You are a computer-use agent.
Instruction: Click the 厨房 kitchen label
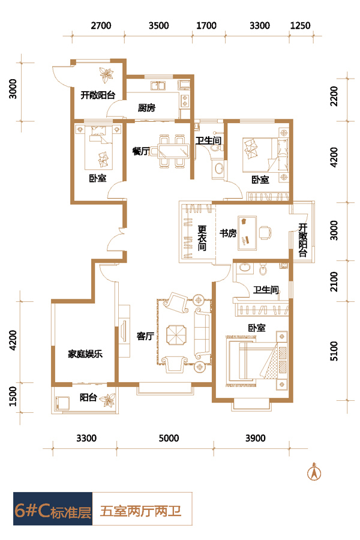point(146,108)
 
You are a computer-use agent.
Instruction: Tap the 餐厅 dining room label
point(141,151)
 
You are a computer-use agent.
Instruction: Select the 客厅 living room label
point(145,336)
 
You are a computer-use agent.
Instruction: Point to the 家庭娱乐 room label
point(85,354)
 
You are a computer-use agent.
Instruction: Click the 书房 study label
point(228,233)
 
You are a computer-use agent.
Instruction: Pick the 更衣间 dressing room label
point(202,238)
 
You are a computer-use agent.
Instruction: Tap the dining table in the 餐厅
point(173,151)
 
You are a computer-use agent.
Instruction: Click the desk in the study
point(247,233)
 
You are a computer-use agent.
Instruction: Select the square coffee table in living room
point(176,335)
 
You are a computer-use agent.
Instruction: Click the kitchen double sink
point(158,86)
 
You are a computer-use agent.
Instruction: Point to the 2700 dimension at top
point(101,26)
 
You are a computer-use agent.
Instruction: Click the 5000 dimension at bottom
point(169,439)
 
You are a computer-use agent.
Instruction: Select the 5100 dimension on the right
point(334,351)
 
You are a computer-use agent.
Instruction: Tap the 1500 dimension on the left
point(13,396)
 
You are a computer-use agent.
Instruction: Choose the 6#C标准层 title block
point(53,511)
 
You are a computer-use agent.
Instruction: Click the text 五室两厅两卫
point(140,511)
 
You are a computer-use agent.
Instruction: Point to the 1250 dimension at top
point(301,26)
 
